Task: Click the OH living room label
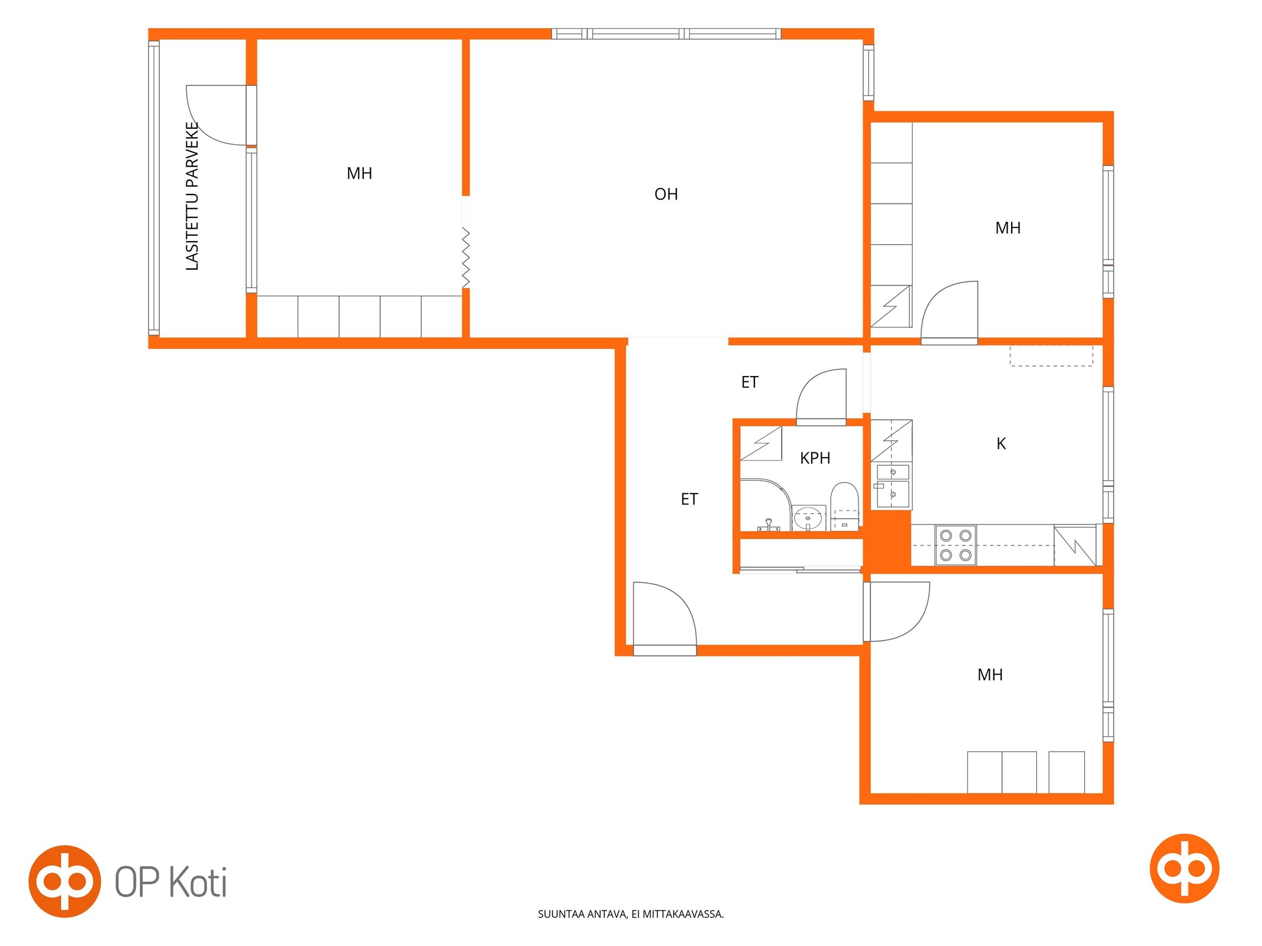point(666,194)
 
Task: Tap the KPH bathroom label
point(815,458)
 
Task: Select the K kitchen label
point(1001,443)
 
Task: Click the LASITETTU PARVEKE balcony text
point(192,196)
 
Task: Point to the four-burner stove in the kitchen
point(956,545)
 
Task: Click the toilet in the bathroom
point(844,506)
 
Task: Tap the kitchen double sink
point(893,486)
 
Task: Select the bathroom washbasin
point(808,519)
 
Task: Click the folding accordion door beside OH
point(466,258)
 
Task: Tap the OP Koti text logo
point(171,883)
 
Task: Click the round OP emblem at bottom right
point(1184,868)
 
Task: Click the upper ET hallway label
point(750,383)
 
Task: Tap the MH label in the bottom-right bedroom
point(990,675)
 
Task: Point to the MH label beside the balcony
point(359,173)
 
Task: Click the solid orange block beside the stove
point(887,539)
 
